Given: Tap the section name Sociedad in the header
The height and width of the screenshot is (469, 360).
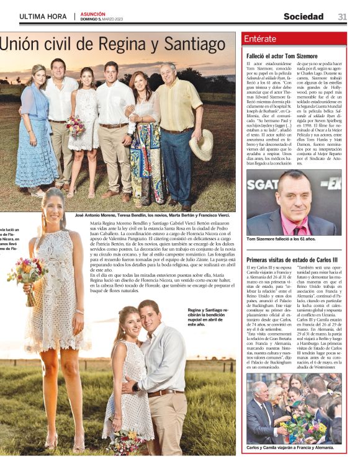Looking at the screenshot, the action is pyautogui.click(x=304, y=17).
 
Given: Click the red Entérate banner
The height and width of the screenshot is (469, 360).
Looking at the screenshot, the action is pyautogui.click(x=294, y=38).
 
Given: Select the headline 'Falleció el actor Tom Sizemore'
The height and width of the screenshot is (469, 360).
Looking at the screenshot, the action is pyautogui.click(x=282, y=56).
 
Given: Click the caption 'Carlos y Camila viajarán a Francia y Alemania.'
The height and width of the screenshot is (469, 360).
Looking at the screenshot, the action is pyautogui.click(x=289, y=447).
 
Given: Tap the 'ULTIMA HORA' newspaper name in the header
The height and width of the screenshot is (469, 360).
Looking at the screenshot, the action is pyautogui.click(x=43, y=17).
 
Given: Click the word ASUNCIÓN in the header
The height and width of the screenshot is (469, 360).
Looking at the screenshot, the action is pyautogui.click(x=92, y=14).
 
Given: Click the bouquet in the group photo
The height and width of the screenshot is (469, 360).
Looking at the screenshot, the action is pyautogui.click(x=76, y=126).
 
